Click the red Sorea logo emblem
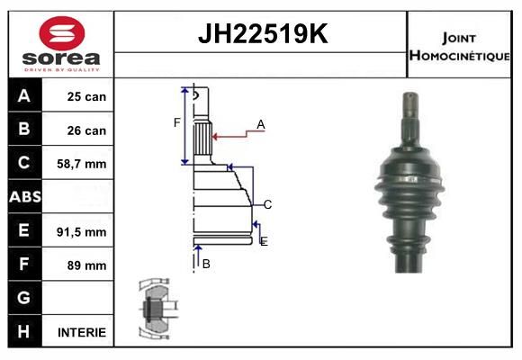click(x=62, y=33)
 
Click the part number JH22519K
click(x=263, y=34)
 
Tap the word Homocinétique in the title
click(x=459, y=55)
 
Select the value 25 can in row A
click(x=86, y=96)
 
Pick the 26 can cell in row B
click(x=86, y=130)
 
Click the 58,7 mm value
click(x=82, y=164)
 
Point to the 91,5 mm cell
click(x=82, y=232)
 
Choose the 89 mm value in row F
click(x=86, y=265)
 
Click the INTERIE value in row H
click(x=82, y=332)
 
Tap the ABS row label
click(x=25, y=196)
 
